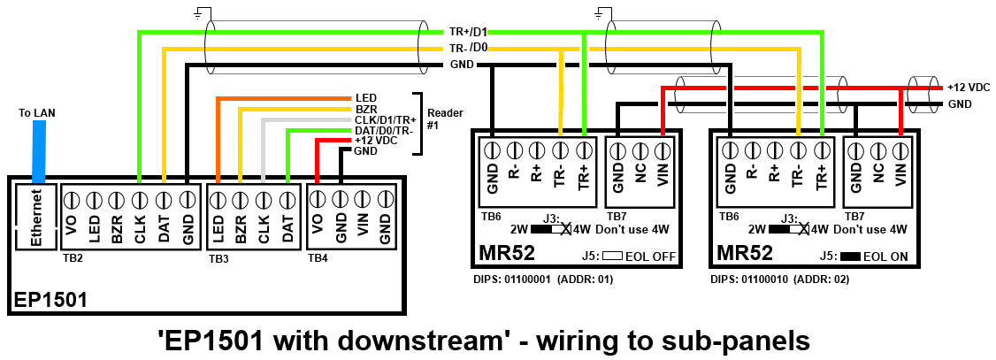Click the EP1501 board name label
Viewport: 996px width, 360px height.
50,299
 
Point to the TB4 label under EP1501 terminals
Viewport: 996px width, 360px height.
318,258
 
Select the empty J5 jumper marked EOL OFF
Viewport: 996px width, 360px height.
614,257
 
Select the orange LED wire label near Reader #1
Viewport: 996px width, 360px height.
365,97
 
